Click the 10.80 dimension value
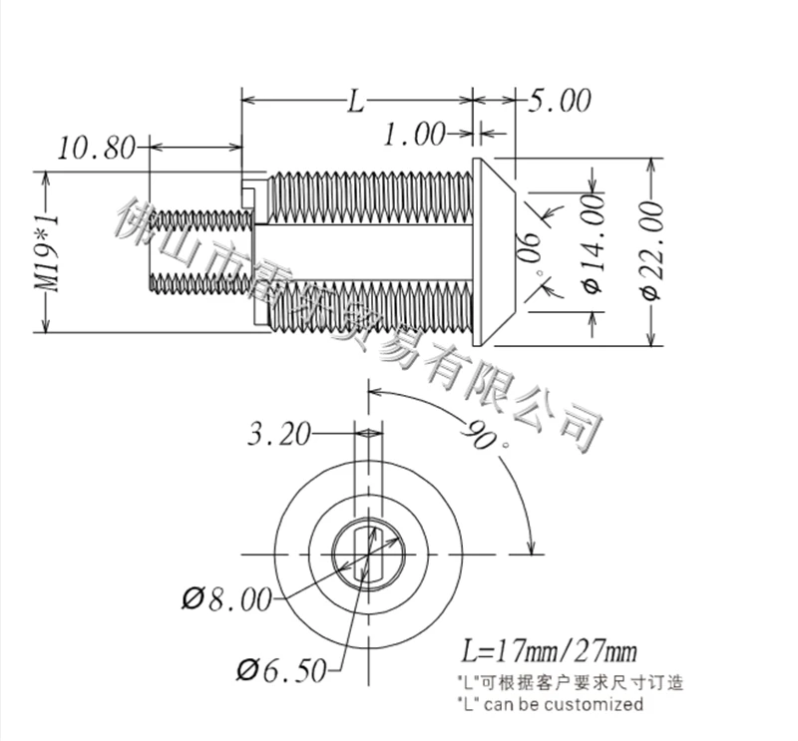click(97, 148)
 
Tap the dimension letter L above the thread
click(356, 102)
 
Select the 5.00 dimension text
click(559, 101)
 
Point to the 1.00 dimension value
click(414, 135)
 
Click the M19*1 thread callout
click(47, 252)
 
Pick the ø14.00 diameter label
click(593, 243)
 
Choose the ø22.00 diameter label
click(652, 251)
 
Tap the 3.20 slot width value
click(279, 435)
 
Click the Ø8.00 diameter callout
click(227, 599)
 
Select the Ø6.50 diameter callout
click(281, 670)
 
